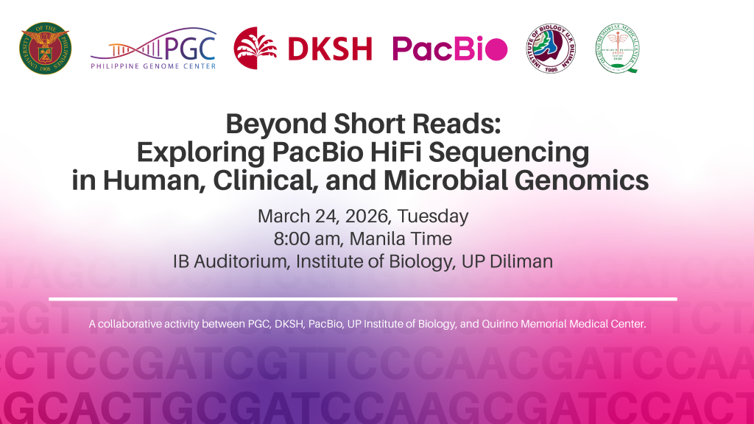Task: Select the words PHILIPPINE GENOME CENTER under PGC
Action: [x=153, y=66]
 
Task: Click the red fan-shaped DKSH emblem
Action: [x=256, y=48]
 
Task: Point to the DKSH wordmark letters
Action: [x=330, y=49]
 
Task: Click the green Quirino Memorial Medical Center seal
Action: [x=617, y=49]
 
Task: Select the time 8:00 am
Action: [x=297, y=239]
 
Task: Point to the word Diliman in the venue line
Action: [x=518, y=261]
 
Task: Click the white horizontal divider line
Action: [x=362, y=299]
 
